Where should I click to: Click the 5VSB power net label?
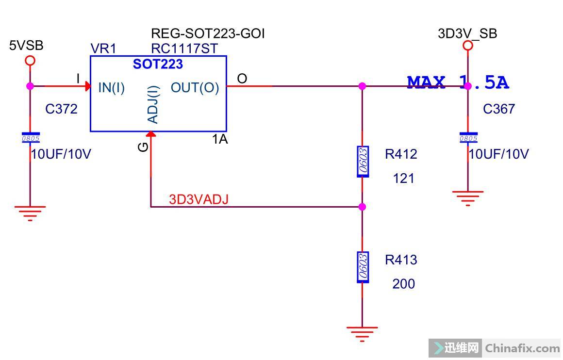pos(26,46)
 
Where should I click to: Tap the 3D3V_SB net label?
pos(467,34)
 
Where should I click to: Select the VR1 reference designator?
pos(103,49)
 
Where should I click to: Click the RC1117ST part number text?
pos(184,49)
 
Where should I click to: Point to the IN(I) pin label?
pos(112,88)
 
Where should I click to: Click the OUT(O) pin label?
pos(195,88)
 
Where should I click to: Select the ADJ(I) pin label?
pos(153,105)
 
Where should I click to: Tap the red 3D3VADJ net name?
pos(199,199)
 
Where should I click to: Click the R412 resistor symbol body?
pos(363,161)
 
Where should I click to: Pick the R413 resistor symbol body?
pos(363,267)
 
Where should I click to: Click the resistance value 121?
pos(403,179)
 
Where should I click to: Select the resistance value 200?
pos(403,284)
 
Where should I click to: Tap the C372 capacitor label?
pos(61,109)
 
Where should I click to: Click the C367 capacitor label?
pos(499,109)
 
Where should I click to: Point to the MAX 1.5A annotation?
pos(458,83)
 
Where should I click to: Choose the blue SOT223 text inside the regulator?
pos(158,64)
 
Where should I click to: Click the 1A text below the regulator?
pos(220,139)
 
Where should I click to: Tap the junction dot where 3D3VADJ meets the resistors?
pos(362,207)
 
